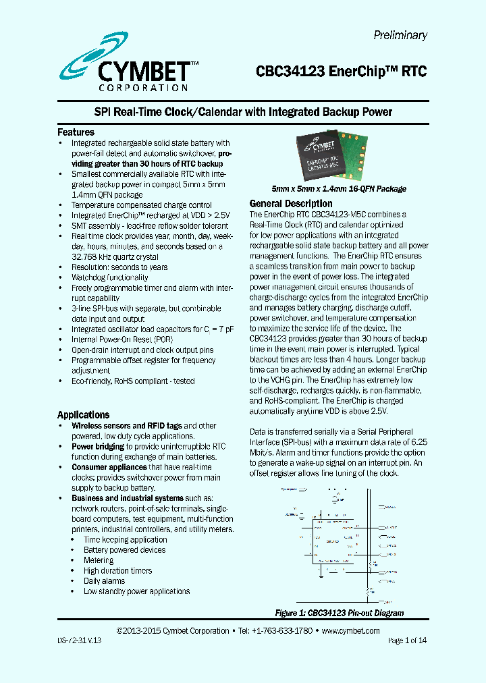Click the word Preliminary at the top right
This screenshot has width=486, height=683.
tap(400, 36)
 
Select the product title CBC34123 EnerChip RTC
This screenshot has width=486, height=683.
tap(341, 72)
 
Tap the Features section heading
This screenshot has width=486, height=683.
tap(76, 132)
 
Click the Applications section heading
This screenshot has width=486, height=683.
tap(83, 415)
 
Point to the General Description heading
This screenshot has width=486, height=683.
tap(291, 204)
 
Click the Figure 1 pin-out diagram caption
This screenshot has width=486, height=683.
tap(339, 613)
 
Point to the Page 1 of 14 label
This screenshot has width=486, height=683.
tap(407, 640)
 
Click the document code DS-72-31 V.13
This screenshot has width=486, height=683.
tap(79, 640)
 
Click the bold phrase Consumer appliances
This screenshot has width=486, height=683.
tap(109, 467)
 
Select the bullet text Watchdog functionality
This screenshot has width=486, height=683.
tap(110, 277)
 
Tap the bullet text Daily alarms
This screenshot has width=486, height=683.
tap(104, 581)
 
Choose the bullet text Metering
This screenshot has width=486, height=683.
tap(99, 560)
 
